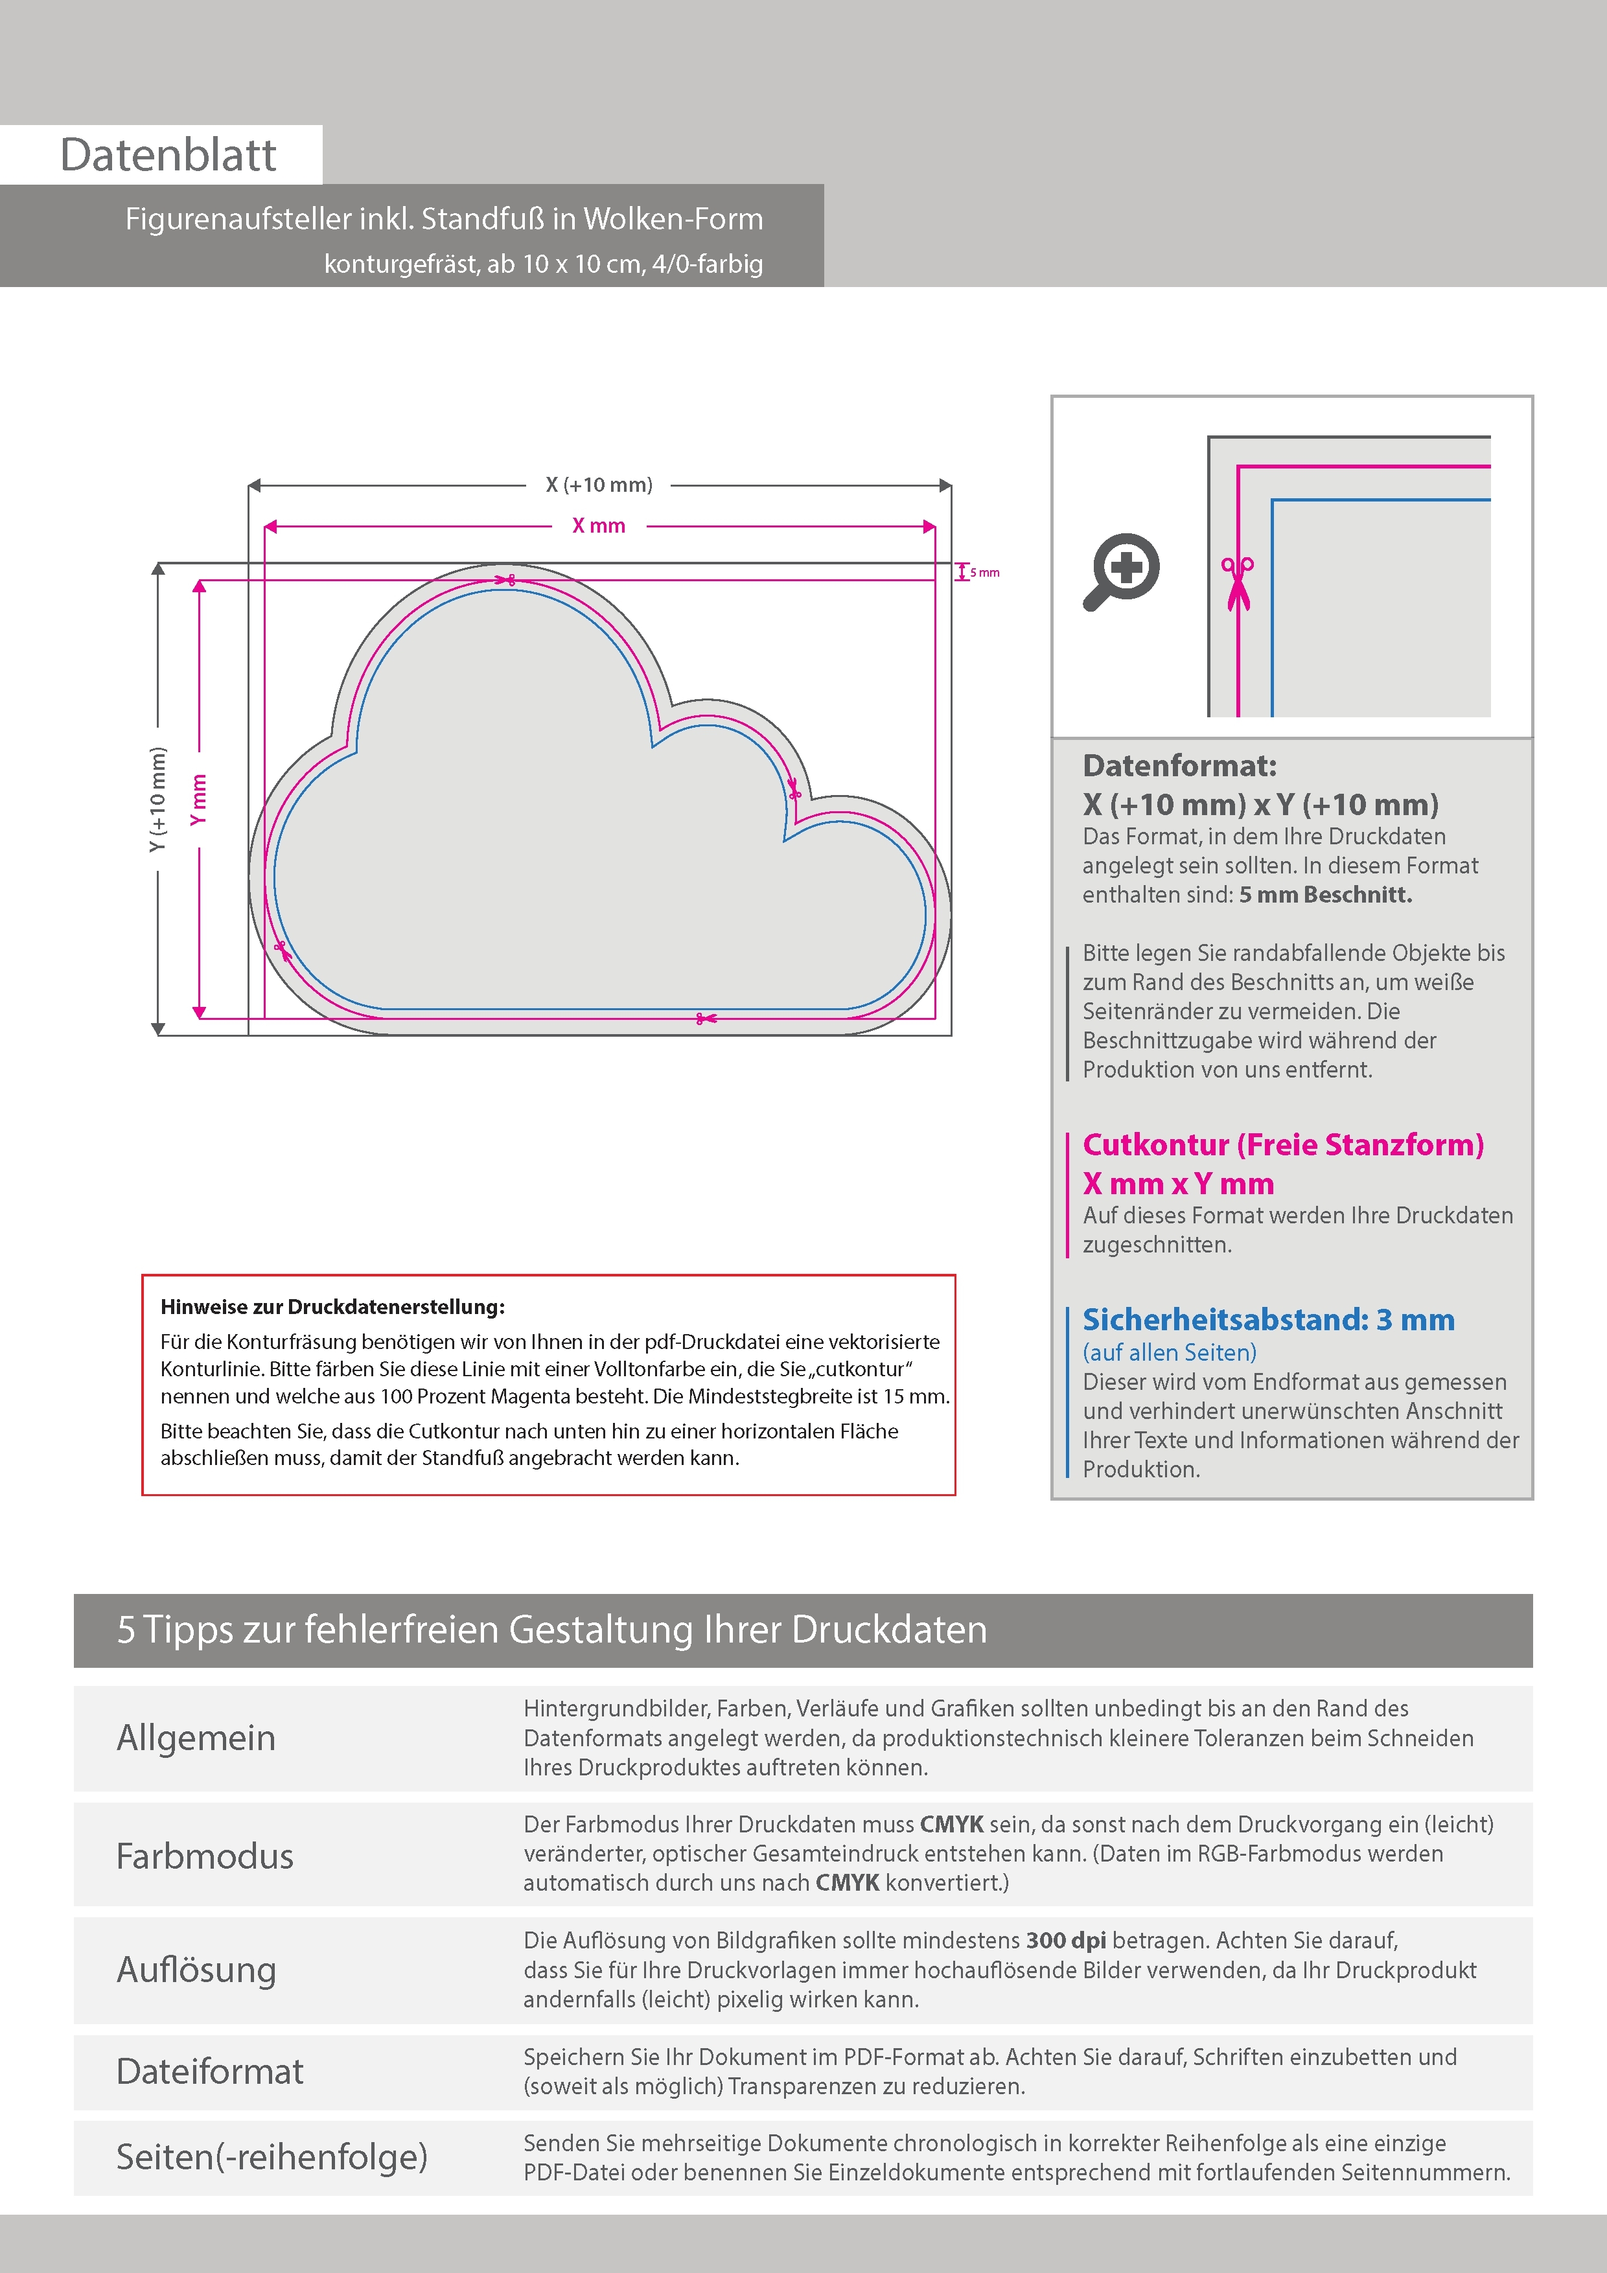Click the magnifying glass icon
(x=1121, y=572)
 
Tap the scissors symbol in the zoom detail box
(x=1238, y=583)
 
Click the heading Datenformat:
(x=1179, y=765)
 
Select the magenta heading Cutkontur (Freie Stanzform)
(x=1283, y=1144)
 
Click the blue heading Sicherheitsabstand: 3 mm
(x=1268, y=1320)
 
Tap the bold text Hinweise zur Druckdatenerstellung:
(x=332, y=1307)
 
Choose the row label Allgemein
(x=196, y=1737)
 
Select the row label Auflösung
(x=196, y=1969)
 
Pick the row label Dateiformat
(x=210, y=2071)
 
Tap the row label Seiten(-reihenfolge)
(x=272, y=2156)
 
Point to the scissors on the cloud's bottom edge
(x=705, y=1018)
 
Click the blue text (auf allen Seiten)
(x=1170, y=1352)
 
